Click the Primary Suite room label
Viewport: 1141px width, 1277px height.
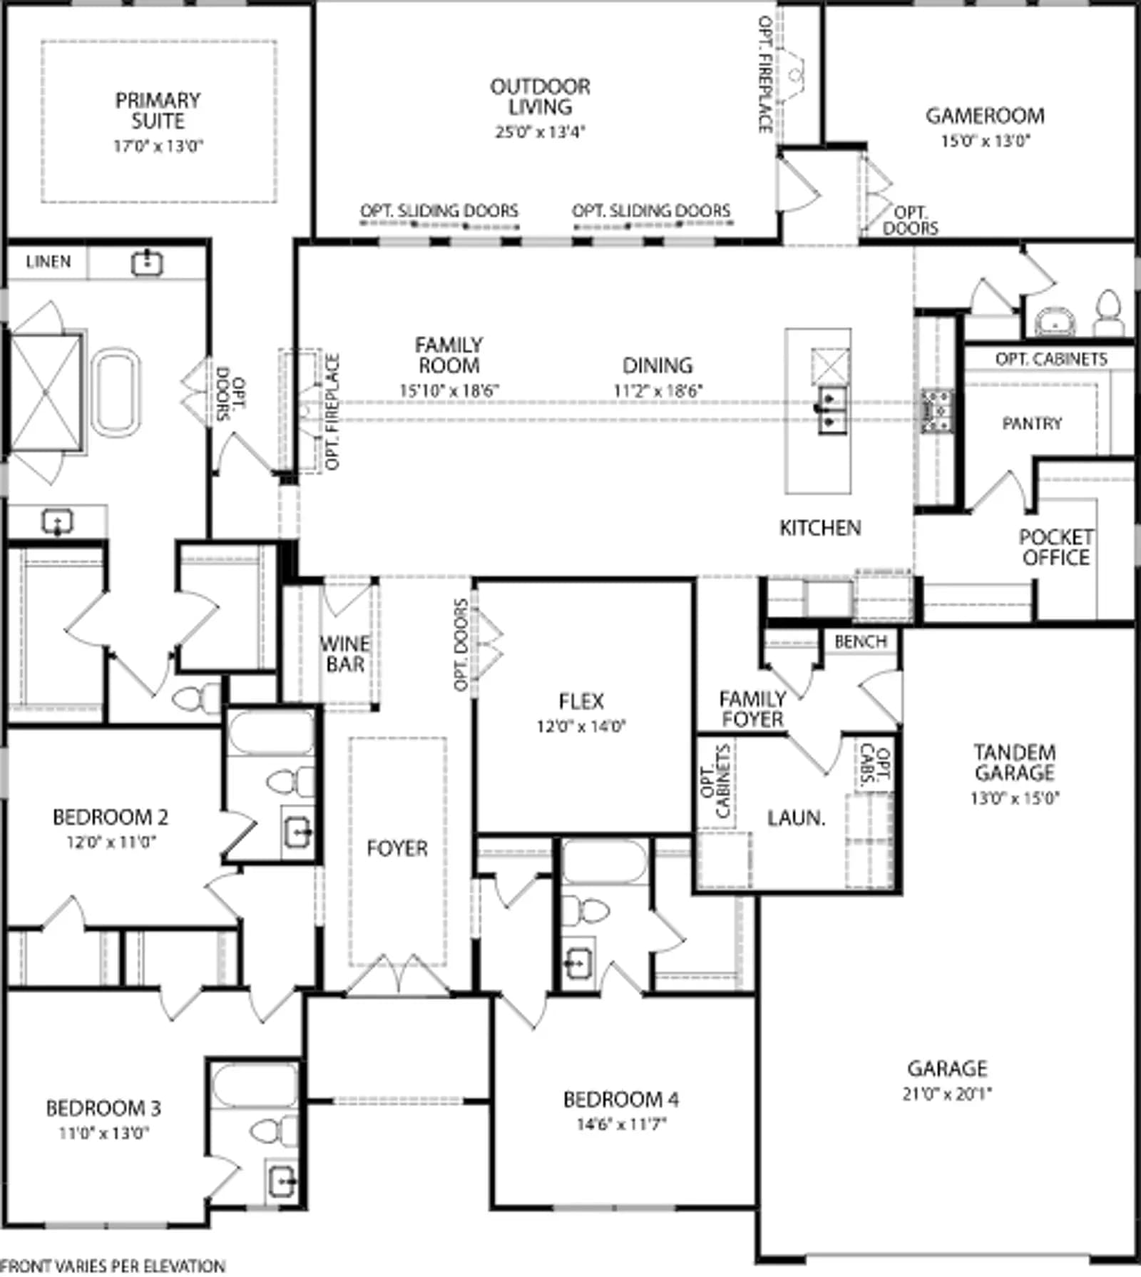(x=158, y=111)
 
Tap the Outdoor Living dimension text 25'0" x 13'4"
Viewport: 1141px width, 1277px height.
(x=540, y=132)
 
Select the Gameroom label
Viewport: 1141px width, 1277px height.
(x=985, y=116)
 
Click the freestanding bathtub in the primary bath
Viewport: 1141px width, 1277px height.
(x=116, y=392)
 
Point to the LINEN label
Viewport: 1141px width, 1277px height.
(x=48, y=262)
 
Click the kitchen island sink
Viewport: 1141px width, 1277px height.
(x=831, y=409)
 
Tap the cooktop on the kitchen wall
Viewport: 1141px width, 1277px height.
(x=936, y=411)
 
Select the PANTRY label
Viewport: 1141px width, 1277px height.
(x=1032, y=424)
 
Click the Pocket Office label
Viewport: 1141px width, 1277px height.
(x=1056, y=547)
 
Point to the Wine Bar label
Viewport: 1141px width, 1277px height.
(x=345, y=654)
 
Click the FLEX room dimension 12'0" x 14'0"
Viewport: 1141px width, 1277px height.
(x=581, y=727)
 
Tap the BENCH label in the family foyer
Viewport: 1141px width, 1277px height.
(x=861, y=642)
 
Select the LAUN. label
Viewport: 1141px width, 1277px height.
(x=796, y=818)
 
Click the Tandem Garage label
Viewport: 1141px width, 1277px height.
(x=1015, y=763)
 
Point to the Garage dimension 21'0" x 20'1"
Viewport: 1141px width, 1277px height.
(x=947, y=1094)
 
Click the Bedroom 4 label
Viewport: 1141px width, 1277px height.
(x=620, y=1100)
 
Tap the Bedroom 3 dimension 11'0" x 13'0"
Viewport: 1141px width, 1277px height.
(x=104, y=1133)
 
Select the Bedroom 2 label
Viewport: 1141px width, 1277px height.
(x=111, y=818)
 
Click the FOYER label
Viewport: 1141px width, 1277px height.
(x=397, y=848)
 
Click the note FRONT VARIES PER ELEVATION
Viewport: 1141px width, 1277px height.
(x=113, y=1266)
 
